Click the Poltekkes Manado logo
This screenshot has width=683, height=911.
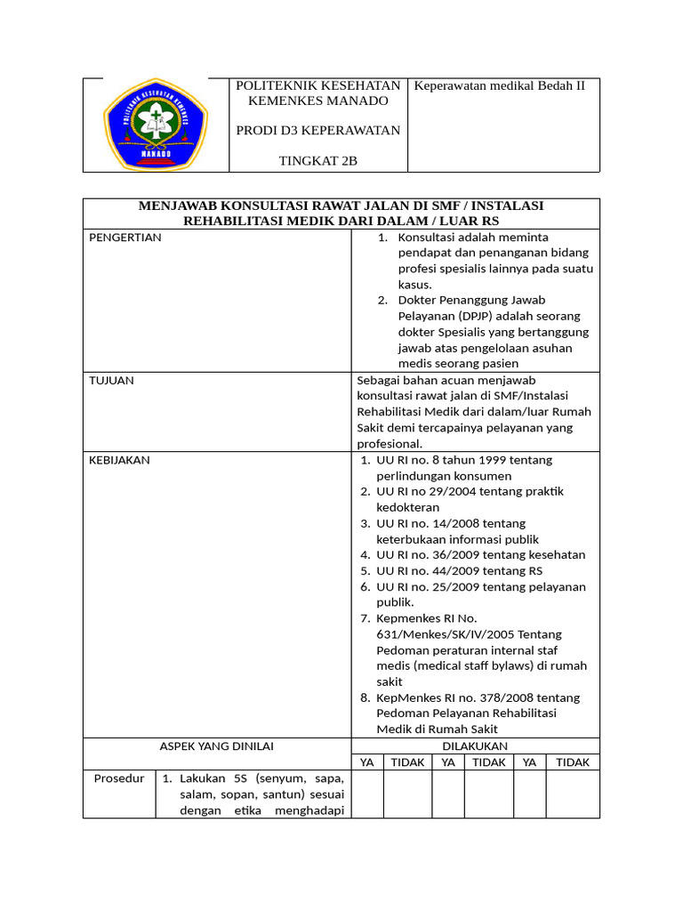156,125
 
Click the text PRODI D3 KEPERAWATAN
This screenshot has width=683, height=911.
317,131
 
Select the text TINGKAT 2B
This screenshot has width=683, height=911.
317,160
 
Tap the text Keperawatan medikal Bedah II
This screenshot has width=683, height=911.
501,86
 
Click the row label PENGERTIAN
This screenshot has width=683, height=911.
125,238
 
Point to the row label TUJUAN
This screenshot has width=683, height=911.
111,380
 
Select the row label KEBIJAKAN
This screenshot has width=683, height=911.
119,460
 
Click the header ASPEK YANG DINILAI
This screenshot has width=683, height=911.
217,746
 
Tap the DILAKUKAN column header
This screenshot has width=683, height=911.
475,746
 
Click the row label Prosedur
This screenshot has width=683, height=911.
119,778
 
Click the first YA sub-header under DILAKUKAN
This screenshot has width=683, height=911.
366,762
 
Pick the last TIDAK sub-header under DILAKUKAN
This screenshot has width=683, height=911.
572,762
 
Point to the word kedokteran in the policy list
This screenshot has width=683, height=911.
407,507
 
